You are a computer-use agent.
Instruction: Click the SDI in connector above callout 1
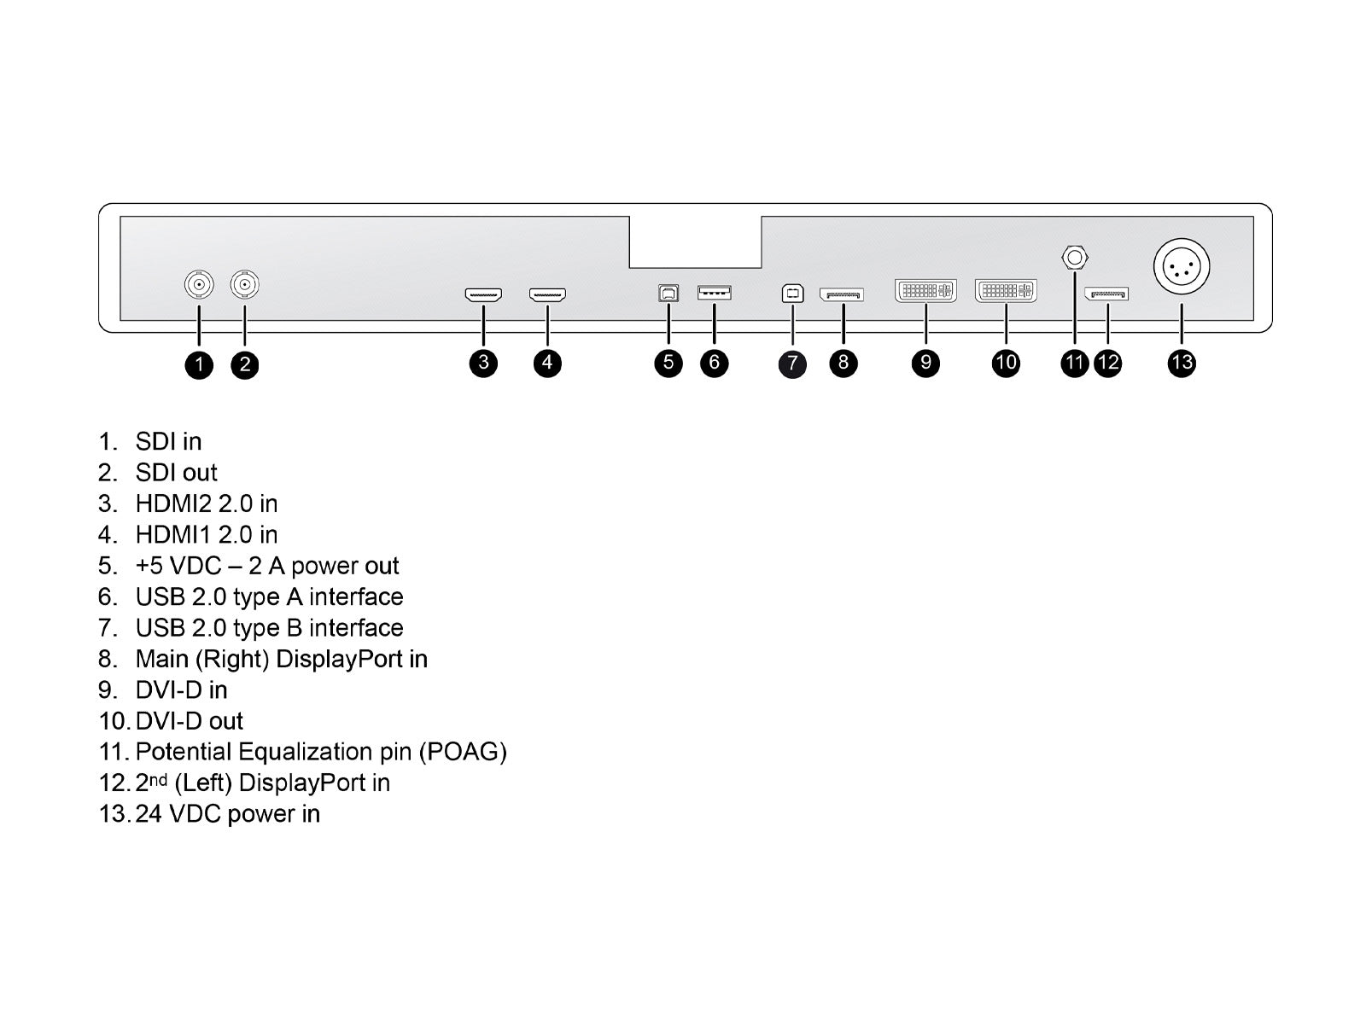(x=199, y=284)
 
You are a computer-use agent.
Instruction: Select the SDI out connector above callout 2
(x=245, y=284)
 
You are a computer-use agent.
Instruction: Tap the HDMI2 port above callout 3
(x=483, y=295)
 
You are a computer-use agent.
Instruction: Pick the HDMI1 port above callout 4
(x=547, y=295)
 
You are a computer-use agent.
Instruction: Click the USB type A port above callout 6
(x=714, y=293)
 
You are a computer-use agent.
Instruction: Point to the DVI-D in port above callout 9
(x=925, y=290)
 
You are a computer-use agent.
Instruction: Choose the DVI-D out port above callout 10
(x=1006, y=290)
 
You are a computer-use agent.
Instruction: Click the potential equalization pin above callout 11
(x=1074, y=257)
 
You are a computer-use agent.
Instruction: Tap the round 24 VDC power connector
(x=1182, y=267)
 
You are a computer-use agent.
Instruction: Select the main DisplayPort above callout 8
(x=842, y=294)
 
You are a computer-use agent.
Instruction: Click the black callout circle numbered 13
(x=1182, y=363)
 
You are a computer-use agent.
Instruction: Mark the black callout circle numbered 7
(x=792, y=364)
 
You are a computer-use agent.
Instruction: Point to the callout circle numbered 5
(x=668, y=363)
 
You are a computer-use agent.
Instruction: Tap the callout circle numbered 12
(x=1108, y=363)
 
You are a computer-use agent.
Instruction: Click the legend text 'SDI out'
(x=176, y=473)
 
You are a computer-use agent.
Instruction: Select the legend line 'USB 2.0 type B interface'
(x=269, y=628)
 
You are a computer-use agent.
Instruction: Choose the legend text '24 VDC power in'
(x=227, y=814)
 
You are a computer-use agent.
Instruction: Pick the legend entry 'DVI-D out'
(x=189, y=721)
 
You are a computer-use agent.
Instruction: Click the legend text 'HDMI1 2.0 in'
(x=206, y=535)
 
